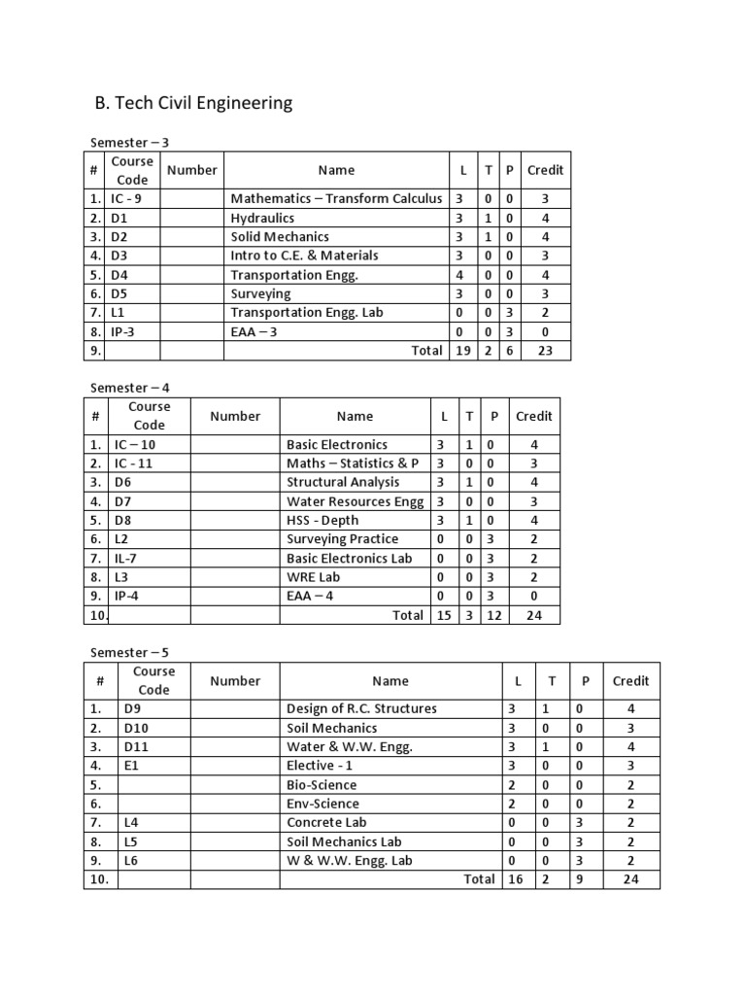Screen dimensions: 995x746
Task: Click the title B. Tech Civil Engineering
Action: coord(192,103)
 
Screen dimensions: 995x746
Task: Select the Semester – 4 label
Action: coord(130,387)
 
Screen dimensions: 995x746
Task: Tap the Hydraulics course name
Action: coord(262,218)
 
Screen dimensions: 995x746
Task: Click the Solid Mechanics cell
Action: coord(280,236)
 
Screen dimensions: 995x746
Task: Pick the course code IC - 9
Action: coord(127,198)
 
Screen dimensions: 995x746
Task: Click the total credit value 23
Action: coord(545,350)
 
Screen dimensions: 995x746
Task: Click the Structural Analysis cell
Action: coord(343,482)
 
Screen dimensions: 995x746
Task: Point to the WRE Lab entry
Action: coord(314,576)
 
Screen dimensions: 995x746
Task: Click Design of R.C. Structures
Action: coord(361,708)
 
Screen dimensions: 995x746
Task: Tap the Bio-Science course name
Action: coord(322,784)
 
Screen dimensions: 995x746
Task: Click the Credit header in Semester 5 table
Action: coord(631,680)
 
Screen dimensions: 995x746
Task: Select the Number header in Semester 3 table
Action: coord(192,170)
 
